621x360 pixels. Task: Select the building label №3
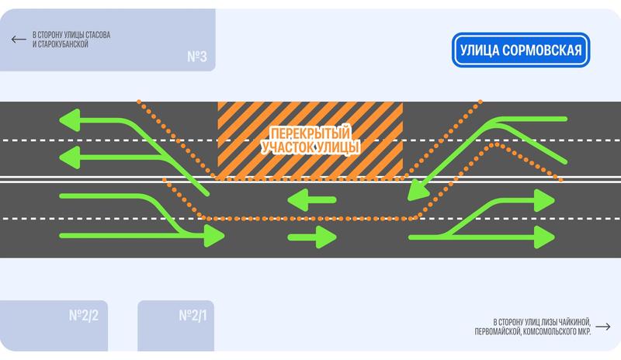(x=196, y=57)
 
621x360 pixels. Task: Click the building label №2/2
(x=83, y=316)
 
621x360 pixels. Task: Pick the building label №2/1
(x=193, y=316)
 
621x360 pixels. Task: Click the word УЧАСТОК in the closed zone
(x=289, y=146)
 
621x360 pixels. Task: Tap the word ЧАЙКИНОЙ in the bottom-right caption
(x=570, y=322)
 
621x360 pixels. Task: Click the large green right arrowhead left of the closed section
(x=213, y=236)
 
